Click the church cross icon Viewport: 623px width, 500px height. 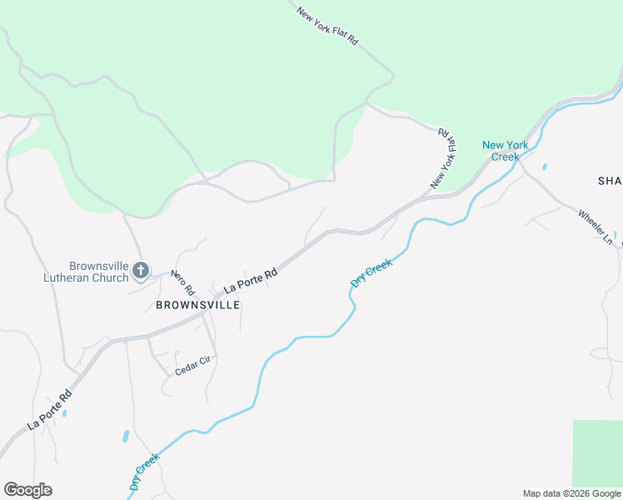tap(141, 270)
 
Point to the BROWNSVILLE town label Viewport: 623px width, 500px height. tap(198, 305)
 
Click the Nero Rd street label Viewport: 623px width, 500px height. tap(182, 283)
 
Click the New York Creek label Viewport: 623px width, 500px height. tap(505, 151)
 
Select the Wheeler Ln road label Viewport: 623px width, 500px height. tap(596, 226)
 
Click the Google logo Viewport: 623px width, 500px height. tap(27, 490)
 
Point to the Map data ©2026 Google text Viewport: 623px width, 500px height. tap(571, 493)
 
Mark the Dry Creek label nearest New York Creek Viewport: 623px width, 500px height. tap(371, 273)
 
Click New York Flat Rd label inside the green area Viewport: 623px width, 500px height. tap(327, 26)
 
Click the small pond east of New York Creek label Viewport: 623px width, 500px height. tap(545, 167)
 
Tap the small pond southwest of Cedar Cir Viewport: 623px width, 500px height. tap(126, 436)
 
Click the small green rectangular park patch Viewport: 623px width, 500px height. tap(597, 453)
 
